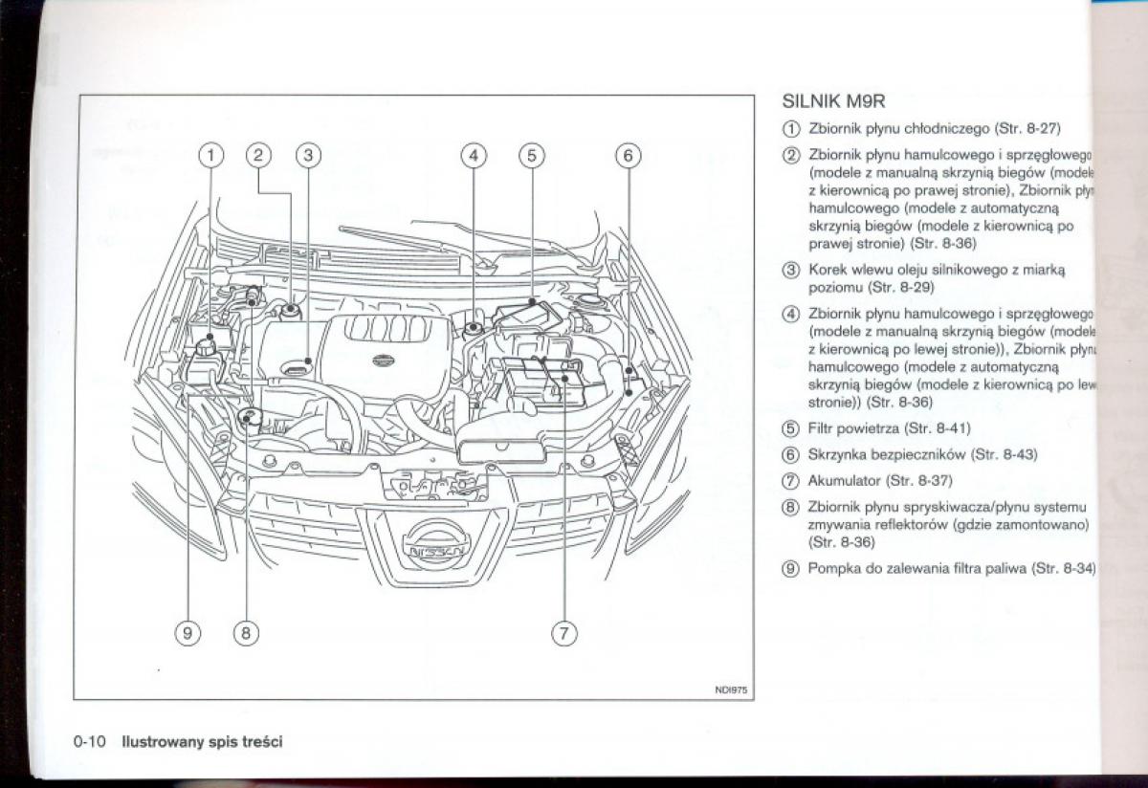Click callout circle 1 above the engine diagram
click(x=212, y=155)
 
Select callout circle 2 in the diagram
click(x=258, y=155)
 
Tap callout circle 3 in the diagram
click(x=306, y=155)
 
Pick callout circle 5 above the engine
click(x=532, y=155)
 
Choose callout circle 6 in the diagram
click(x=627, y=155)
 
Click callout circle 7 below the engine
click(x=563, y=632)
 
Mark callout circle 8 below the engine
click(x=246, y=632)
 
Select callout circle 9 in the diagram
click(x=188, y=632)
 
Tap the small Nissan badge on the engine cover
click(x=382, y=359)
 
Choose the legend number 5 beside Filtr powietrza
click(x=790, y=428)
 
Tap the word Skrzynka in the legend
click(x=838, y=454)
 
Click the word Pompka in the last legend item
click(x=835, y=569)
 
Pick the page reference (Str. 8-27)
click(x=1028, y=127)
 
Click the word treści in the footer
click(x=264, y=741)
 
